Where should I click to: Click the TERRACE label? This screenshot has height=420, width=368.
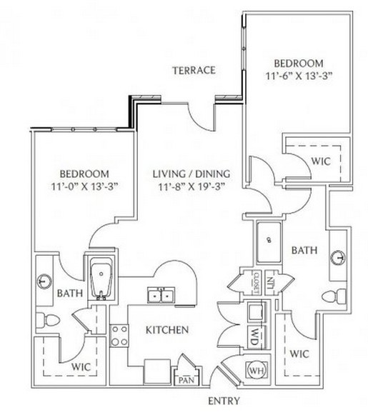194,70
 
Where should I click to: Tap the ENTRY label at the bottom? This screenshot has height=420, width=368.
224,401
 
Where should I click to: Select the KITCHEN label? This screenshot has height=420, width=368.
167,330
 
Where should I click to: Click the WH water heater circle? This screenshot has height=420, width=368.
257,371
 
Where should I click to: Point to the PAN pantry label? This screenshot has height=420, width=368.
187,380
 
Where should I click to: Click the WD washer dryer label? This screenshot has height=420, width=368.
255,337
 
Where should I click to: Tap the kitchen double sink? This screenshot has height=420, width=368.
161,296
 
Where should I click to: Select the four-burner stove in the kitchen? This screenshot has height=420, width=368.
119,336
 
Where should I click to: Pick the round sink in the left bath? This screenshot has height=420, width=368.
45,281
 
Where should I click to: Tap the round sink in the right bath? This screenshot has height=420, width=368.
338,258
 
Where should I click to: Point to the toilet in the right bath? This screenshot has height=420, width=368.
334,296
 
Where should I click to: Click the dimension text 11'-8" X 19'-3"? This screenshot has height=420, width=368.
191,186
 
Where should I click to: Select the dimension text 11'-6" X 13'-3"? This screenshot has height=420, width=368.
299,76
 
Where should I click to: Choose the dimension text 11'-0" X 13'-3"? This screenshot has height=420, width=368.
85,186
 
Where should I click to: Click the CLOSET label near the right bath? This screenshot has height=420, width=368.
257,282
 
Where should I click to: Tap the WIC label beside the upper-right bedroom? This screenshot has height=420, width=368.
321,161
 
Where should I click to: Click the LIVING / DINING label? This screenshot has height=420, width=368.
192,174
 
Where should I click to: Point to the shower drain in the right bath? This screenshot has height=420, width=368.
269,240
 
